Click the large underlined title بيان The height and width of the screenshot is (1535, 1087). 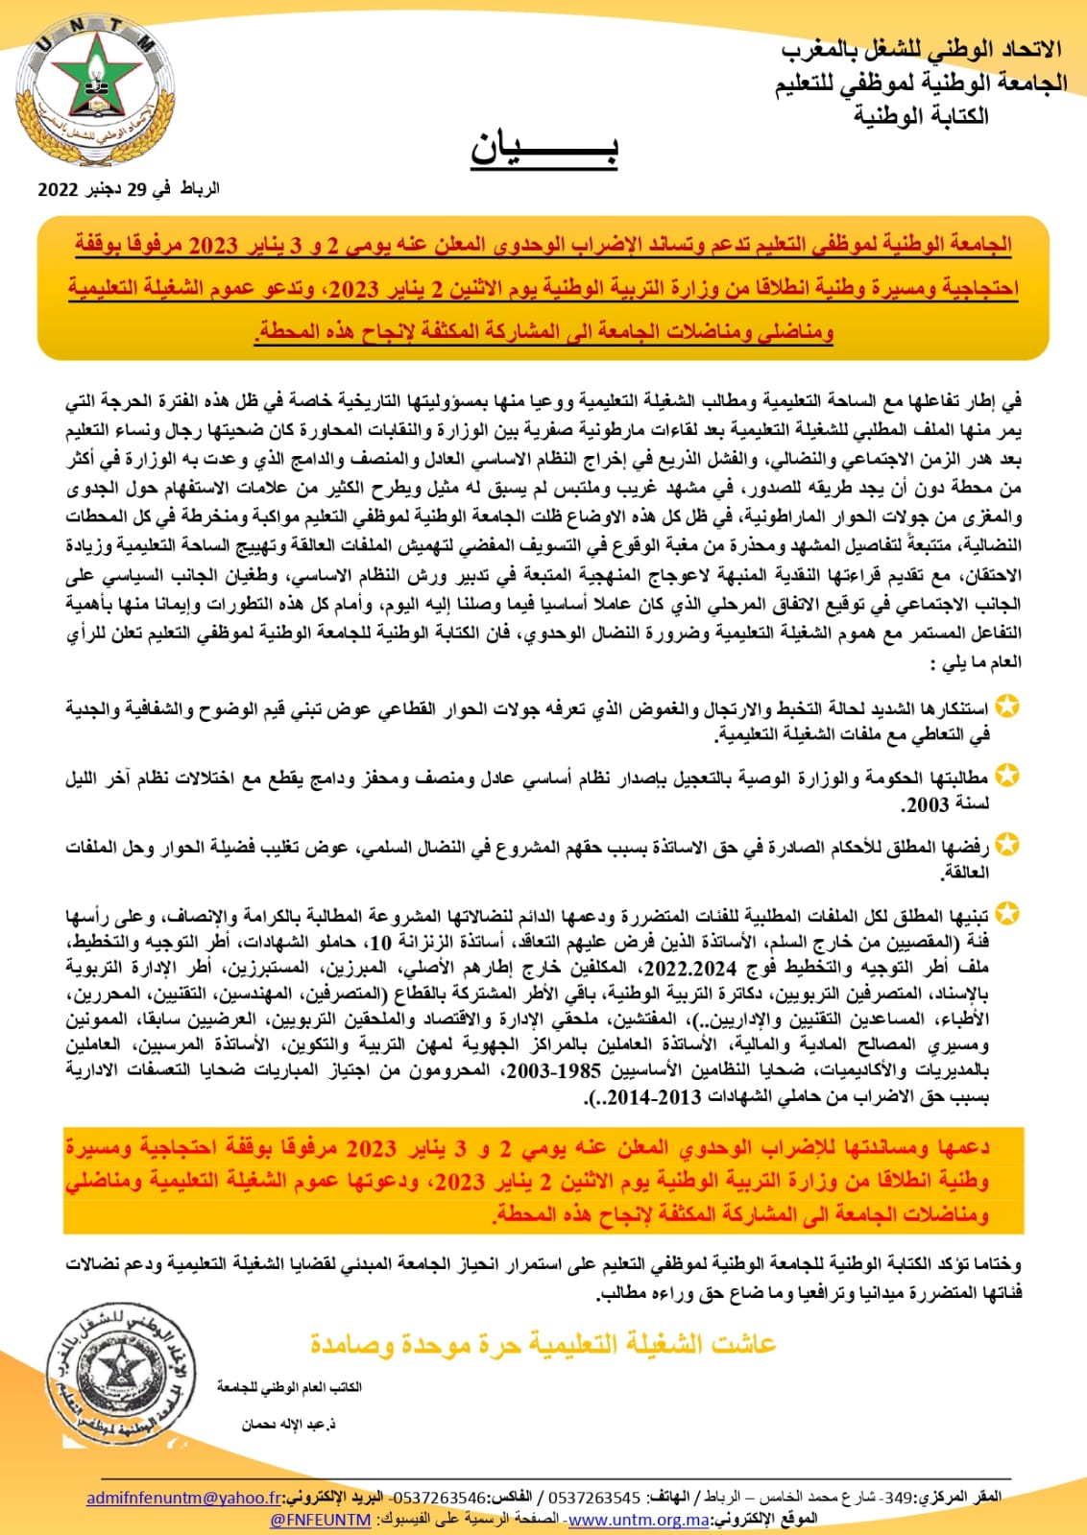[543, 148]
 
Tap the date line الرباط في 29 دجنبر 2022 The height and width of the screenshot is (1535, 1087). [129, 189]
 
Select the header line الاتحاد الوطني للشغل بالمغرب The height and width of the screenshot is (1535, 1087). [921, 50]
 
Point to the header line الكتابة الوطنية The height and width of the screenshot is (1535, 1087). [921, 116]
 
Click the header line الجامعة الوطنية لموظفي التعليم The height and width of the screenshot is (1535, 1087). [921, 84]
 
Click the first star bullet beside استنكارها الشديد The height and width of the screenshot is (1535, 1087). [1006, 708]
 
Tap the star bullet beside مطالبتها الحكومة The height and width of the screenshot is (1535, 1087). [1006, 775]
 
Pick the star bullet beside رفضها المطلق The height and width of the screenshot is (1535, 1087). [1006, 846]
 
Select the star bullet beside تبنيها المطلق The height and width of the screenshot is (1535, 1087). [1006, 913]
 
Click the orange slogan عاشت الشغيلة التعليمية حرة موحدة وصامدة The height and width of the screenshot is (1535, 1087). [543, 1344]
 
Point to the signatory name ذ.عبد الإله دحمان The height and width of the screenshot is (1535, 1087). [288, 1425]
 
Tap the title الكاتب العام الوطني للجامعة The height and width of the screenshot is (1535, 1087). [289, 1387]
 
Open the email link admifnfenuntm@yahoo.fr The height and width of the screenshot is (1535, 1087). [184, 1498]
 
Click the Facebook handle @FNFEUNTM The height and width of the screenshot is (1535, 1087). [321, 1519]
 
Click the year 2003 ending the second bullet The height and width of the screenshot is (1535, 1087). [927, 803]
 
